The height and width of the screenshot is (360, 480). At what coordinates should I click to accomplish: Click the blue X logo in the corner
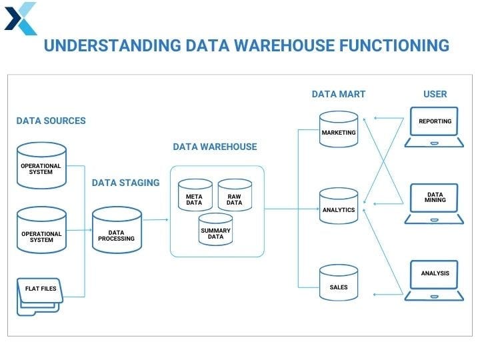point(21,18)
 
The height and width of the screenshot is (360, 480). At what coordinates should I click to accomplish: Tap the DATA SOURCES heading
point(51,121)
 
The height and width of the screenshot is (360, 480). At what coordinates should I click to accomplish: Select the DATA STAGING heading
point(125,183)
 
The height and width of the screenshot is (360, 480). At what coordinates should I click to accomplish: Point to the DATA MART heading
point(339,95)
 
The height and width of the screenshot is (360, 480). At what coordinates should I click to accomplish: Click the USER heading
point(435,95)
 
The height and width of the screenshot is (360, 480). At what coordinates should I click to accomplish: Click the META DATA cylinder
point(194,195)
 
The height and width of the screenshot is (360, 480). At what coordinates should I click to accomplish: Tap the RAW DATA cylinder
point(234,195)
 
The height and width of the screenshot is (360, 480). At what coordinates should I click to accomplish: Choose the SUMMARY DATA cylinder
point(215,229)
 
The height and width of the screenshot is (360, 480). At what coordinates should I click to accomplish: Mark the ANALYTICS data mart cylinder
point(338,207)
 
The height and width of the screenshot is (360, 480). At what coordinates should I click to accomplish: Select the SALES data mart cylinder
point(338,284)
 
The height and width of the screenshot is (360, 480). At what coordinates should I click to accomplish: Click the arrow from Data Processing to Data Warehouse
point(155,219)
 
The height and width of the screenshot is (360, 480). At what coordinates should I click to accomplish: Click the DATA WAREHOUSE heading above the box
point(215,147)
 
